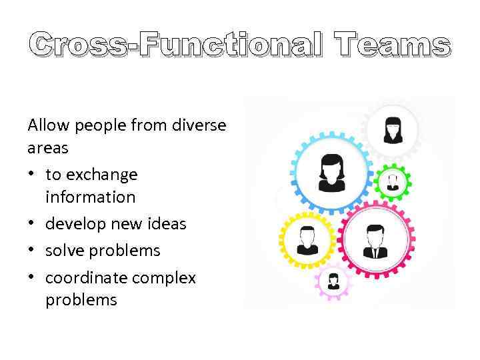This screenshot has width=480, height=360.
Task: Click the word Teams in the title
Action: [393, 45]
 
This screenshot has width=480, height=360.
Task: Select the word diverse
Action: [199, 125]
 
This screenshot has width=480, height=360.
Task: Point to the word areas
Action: [48, 147]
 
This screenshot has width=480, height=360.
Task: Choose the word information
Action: [90, 197]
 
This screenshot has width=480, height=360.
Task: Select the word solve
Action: [63, 251]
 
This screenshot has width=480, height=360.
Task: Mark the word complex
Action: [165, 277]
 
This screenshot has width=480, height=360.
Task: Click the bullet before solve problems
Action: [32, 251]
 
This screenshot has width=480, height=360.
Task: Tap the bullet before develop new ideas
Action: [32, 224]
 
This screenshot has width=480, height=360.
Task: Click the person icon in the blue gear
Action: [331, 172]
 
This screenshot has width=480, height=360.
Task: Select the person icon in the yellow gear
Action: [307, 241]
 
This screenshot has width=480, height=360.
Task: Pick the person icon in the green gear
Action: [393, 181]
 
